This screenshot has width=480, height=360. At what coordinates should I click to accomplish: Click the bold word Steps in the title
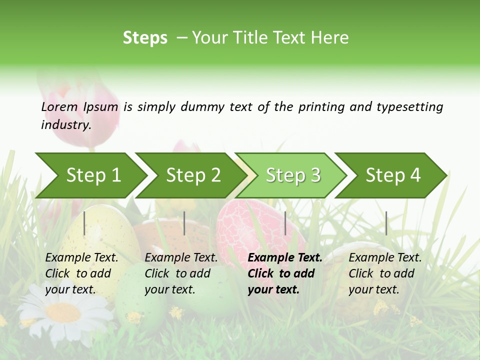click(x=145, y=38)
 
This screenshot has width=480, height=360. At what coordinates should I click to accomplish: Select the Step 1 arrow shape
click(x=90, y=175)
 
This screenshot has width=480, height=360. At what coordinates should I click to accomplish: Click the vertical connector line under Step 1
click(x=84, y=223)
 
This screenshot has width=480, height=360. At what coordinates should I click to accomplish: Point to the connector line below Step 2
click(x=184, y=223)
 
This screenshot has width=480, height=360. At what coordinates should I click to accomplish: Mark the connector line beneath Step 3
click(x=285, y=223)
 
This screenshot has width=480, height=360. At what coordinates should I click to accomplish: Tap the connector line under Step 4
click(x=386, y=223)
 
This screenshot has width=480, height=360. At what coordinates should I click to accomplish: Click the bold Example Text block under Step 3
click(x=285, y=273)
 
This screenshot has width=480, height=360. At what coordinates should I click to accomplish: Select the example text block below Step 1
click(x=81, y=273)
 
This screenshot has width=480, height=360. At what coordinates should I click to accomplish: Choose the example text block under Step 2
click(x=181, y=273)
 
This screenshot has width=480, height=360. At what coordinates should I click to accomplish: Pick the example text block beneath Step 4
click(x=385, y=273)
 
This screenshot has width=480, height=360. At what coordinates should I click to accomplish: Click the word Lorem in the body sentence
click(x=59, y=107)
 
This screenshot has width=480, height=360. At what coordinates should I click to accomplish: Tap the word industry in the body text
click(x=65, y=125)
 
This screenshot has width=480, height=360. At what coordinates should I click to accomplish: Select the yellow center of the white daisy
click(x=63, y=312)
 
